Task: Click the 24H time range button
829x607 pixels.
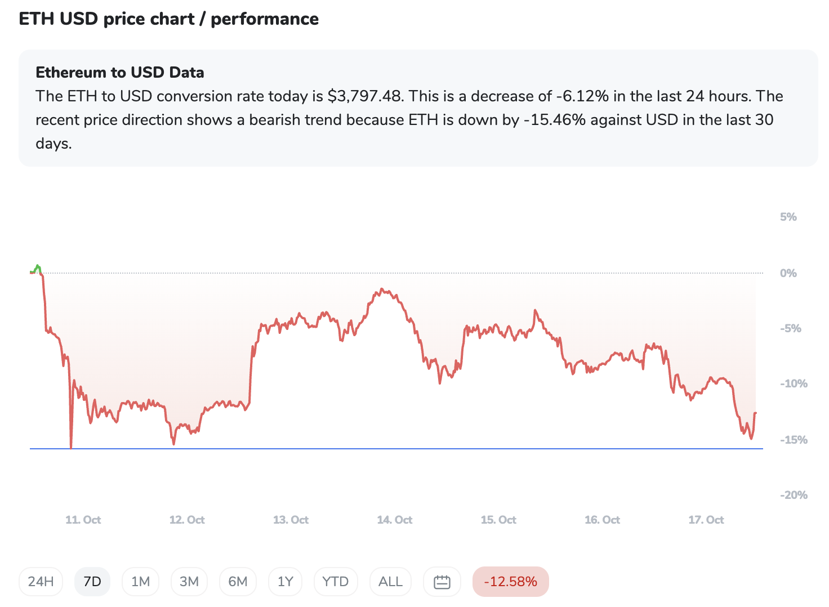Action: [41, 582]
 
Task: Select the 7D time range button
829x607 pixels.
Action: [92, 582]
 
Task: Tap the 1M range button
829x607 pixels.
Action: [140, 582]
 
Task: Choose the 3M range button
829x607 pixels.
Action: [189, 582]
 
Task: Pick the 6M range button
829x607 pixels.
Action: [238, 582]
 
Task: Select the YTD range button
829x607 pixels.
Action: [336, 582]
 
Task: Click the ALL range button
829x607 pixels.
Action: [390, 582]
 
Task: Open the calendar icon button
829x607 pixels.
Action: [442, 582]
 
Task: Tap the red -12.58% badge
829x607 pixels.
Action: [510, 582]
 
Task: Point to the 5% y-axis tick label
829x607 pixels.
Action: [788, 217]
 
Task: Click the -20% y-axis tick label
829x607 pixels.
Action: [793, 495]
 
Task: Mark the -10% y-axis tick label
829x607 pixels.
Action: [793, 383]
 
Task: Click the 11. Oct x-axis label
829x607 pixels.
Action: [83, 520]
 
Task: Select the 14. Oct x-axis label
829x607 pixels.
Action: [395, 520]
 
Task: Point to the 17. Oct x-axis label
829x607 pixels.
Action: [706, 520]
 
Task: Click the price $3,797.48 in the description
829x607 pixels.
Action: [365, 96]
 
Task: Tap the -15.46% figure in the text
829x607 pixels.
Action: [554, 120]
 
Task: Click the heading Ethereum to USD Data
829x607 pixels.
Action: [120, 73]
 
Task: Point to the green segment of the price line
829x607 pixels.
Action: [37, 268]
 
